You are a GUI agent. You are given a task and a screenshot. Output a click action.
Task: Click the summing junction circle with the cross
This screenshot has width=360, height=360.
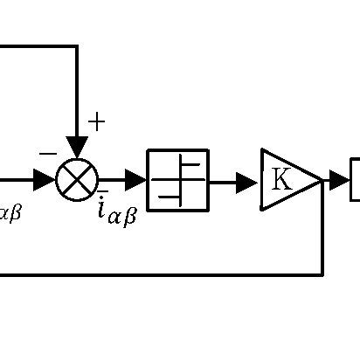tap(77, 181)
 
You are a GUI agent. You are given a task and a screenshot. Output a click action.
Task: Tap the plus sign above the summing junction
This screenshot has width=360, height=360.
tap(96, 121)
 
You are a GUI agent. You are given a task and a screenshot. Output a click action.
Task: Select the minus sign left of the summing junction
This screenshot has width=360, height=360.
tap(48, 155)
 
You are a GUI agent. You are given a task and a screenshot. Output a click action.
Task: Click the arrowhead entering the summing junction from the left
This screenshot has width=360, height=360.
tap(45, 181)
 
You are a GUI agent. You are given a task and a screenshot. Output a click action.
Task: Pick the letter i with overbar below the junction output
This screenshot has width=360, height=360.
tap(102, 209)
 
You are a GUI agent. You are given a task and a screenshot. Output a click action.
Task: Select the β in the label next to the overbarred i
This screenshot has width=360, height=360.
tap(129, 216)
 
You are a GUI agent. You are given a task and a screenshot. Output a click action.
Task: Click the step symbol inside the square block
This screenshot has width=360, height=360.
tap(178, 181)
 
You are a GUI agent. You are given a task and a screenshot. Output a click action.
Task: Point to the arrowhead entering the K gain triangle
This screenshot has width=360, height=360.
tap(248, 182)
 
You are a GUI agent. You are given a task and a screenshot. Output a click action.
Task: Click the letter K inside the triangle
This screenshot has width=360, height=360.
tap(281, 180)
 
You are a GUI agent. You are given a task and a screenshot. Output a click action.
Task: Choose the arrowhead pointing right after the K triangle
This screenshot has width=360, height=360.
tap(340, 181)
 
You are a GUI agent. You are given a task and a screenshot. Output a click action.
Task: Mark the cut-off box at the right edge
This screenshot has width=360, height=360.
tap(355, 180)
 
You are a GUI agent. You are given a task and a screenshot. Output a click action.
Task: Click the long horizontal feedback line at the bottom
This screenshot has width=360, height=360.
tap(157, 274)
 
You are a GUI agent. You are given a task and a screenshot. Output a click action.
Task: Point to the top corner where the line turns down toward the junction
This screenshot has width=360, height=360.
tap(77, 46)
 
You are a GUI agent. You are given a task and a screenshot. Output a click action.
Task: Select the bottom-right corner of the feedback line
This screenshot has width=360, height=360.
tap(323, 274)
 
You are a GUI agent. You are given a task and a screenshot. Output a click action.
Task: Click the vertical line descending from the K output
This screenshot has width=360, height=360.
tap(323, 232)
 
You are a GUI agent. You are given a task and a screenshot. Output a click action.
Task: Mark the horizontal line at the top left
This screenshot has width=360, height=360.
tap(35, 46)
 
